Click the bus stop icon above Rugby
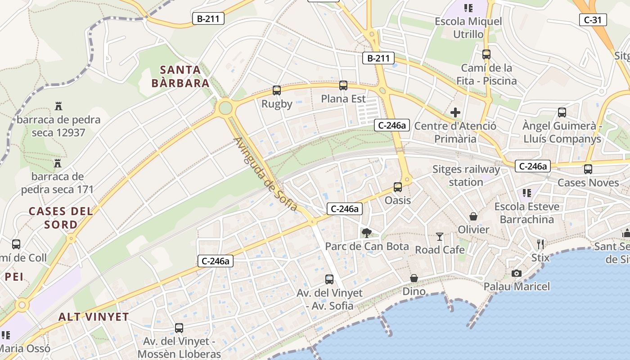(277, 90)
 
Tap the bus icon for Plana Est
(343, 85)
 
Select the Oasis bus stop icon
(398, 187)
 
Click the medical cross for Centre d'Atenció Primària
(455, 112)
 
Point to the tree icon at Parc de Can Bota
(367, 233)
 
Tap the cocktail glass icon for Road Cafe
(440, 236)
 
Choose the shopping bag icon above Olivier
(473, 216)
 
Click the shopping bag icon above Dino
(414, 278)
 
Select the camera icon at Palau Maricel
(517, 273)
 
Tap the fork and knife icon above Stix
(540, 244)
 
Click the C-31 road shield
(593, 20)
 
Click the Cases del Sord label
(61, 218)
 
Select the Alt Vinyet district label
(94, 317)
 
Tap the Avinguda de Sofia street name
(265, 174)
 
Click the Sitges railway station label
(466, 175)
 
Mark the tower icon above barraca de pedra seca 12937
(58, 106)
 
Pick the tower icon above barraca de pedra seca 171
(58, 163)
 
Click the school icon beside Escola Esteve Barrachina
(527, 193)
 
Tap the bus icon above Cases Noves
(588, 169)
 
